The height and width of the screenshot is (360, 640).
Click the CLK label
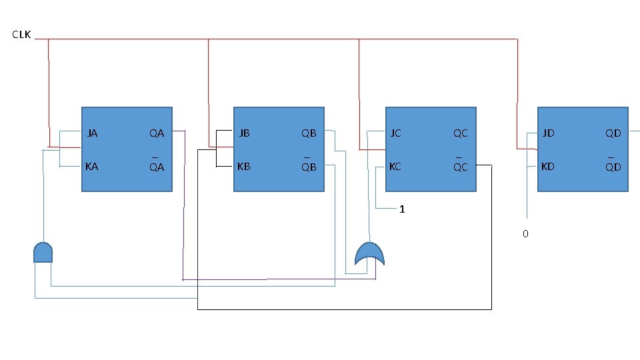tap(21, 34)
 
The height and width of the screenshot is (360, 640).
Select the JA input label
tap(93, 133)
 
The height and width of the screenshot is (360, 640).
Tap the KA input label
tap(93, 167)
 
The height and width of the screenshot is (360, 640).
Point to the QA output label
tap(157, 133)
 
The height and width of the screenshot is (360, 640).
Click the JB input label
tap(245, 133)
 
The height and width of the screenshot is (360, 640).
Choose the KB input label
tap(245, 167)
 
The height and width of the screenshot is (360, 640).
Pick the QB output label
tap(309, 133)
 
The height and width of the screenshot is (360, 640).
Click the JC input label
tap(396, 133)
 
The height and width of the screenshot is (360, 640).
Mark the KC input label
tap(396, 167)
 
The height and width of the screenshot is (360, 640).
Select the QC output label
tap(461, 133)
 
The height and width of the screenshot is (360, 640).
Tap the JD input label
tap(548, 133)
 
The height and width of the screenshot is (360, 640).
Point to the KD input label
tap(548, 167)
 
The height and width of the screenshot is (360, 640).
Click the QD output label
tap(613, 133)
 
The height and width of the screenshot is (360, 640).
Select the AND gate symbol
tap(43, 253)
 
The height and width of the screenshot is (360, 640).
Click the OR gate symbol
tap(369, 253)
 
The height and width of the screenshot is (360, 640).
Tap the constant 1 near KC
tap(402, 209)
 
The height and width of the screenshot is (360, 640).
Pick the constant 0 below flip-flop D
tap(525, 234)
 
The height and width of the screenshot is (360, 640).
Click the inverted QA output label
tap(157, 167)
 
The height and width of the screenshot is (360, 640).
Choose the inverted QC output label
tap(461, 167)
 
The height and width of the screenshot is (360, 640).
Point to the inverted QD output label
tap(613, 167)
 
